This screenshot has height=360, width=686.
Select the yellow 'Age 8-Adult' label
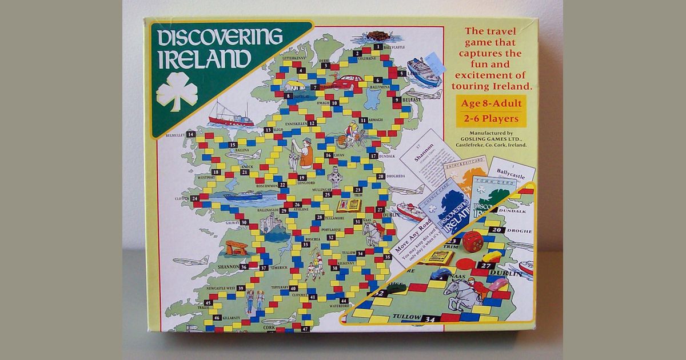490,105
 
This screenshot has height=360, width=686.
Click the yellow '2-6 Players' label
490,119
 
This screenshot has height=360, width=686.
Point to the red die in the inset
473,241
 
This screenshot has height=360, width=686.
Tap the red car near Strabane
347,82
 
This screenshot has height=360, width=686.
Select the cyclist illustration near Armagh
350,135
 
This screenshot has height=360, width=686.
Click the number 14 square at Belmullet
191,134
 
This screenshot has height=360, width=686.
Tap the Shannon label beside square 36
224,266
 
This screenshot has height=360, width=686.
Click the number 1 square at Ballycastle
378,46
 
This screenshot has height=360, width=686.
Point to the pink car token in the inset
497,284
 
